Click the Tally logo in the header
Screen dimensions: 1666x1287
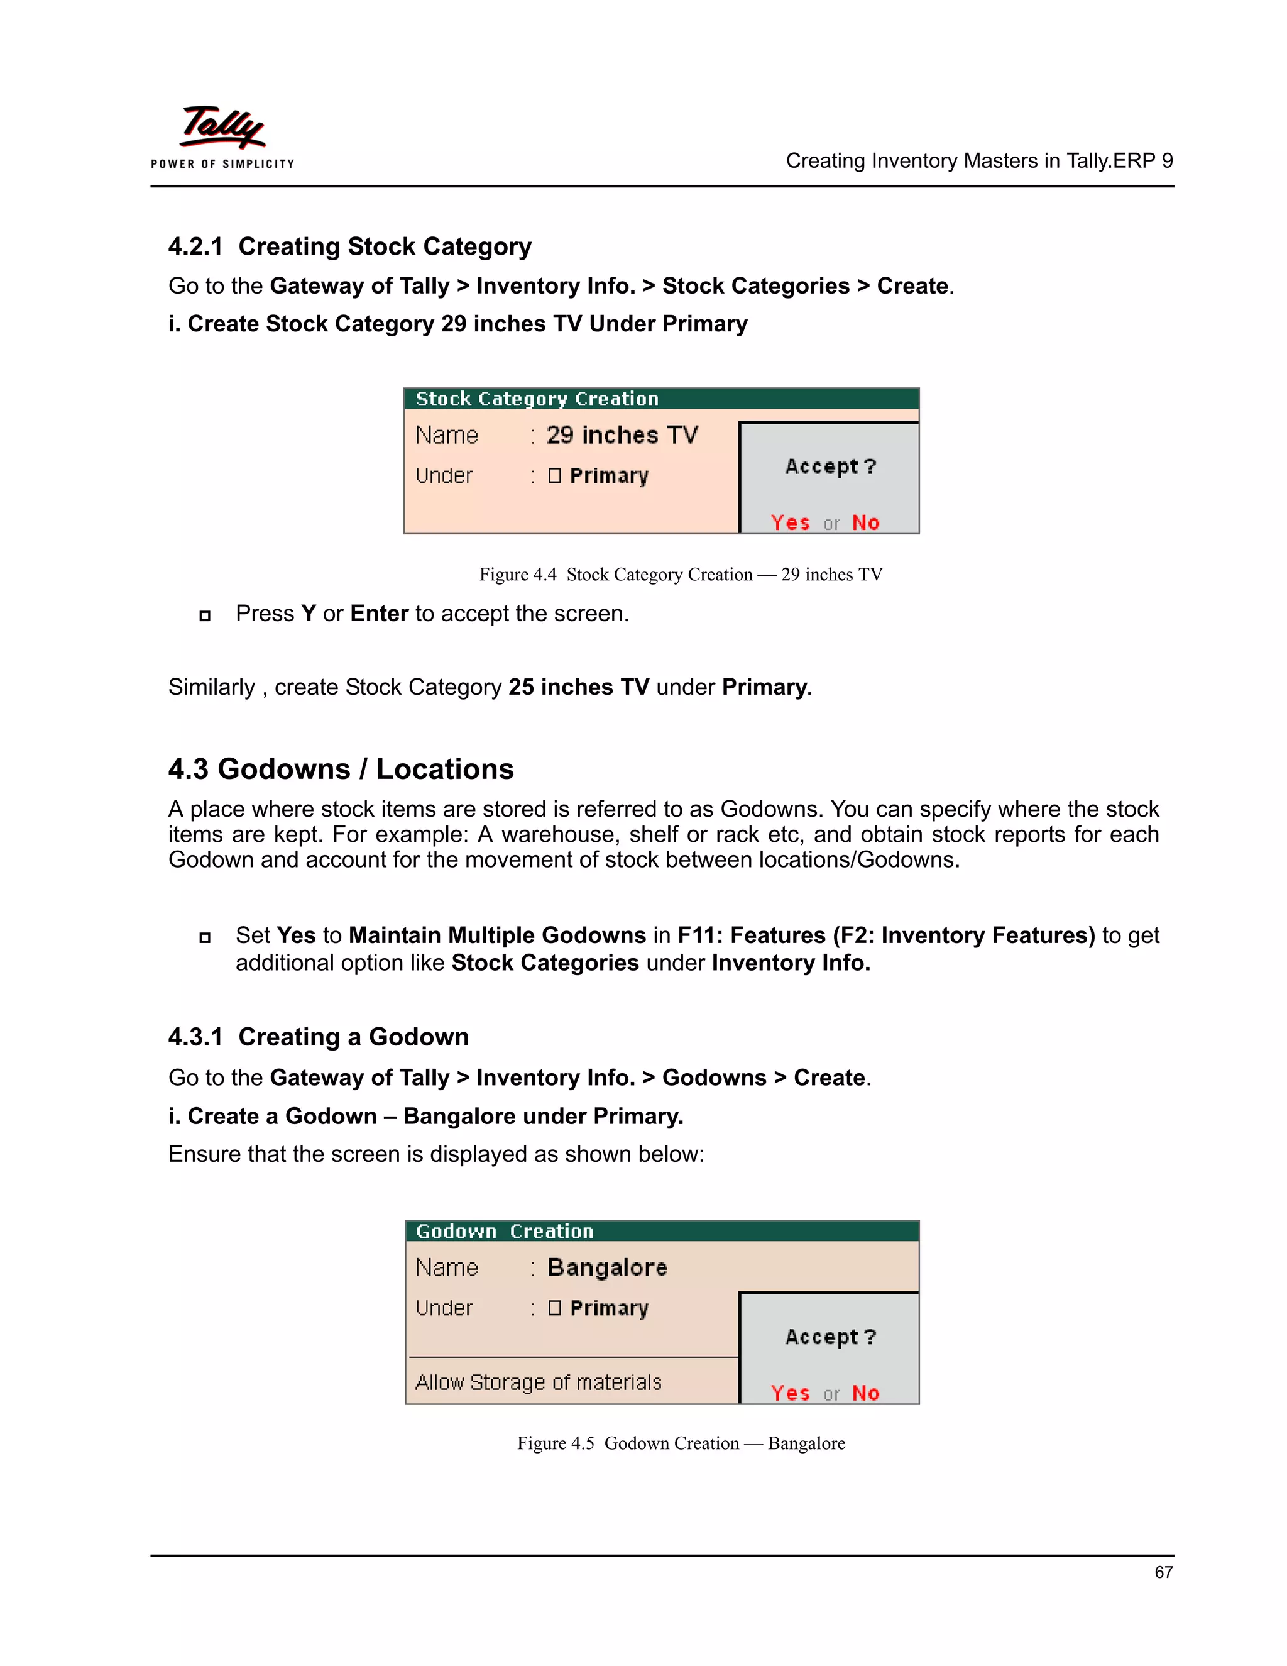point(222,128)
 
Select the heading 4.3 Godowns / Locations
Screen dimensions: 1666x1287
point(341,769)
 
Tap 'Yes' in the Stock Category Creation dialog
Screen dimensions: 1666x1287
point(790,522)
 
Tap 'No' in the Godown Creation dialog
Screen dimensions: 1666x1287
point(865,1393)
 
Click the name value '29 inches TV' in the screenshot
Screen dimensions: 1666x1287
point(622,435)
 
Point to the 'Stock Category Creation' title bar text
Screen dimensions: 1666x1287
point(537,399)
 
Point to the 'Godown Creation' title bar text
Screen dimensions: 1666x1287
point(505,1231)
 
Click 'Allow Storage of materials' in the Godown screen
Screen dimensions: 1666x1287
point(539,1382)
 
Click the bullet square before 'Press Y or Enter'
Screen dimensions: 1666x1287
point(204,615)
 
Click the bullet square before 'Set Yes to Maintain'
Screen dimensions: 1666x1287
point(204,937)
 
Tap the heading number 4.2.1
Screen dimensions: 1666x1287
point(195,246)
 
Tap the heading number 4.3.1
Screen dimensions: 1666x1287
point(195,1037)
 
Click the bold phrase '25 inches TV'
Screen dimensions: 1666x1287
point(578,687)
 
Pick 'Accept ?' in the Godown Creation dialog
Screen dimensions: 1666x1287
point(830,1337)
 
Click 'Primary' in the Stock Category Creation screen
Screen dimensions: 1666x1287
point(608,475)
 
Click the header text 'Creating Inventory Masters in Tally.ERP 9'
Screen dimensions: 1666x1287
point(979,161)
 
